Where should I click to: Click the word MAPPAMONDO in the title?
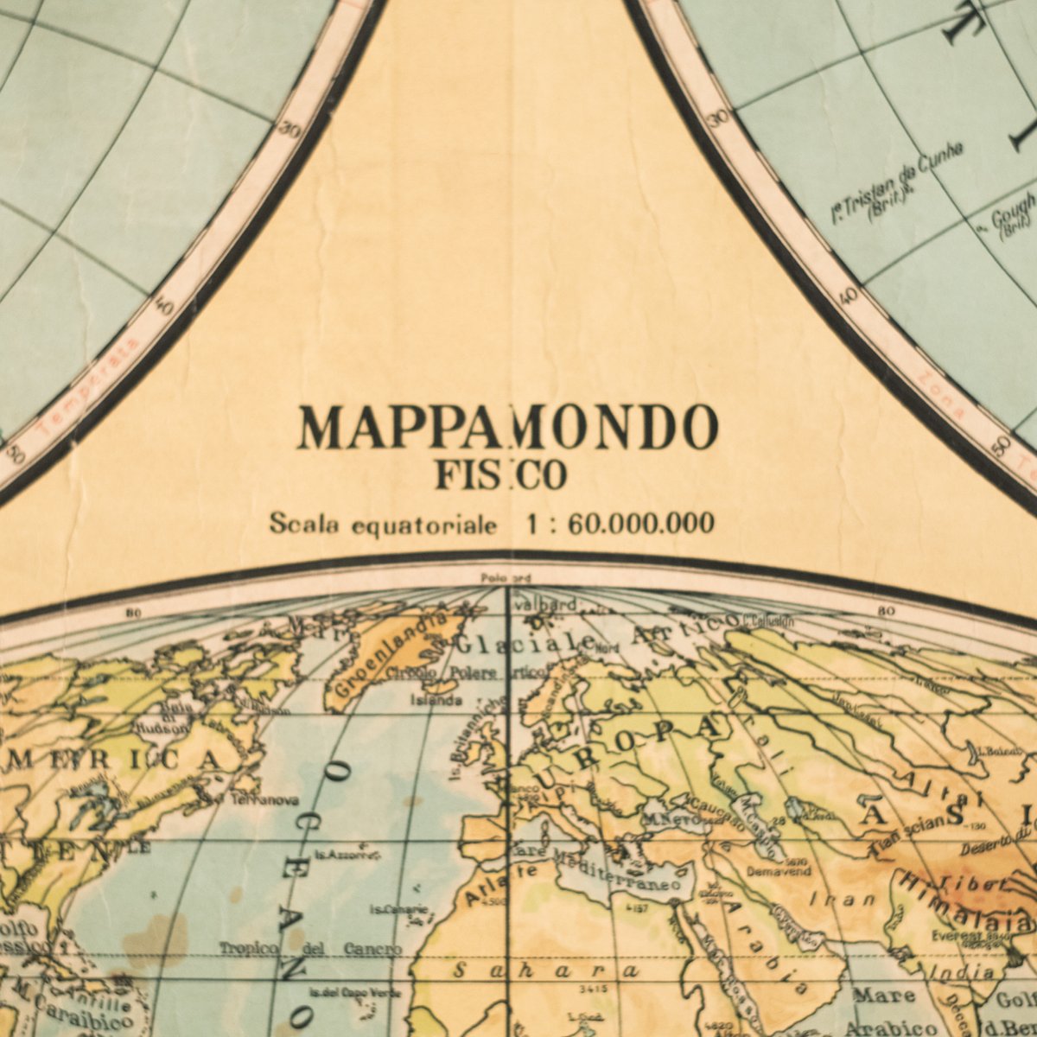pos(507,427)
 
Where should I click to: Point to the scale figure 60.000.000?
pos(640,523)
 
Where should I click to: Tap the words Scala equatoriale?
pos(383,524)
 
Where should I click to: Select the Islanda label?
pos(436,700)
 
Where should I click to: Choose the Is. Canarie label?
pos(398,909)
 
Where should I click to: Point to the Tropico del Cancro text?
pos(309,949)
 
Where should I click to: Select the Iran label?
pos(843,900)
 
